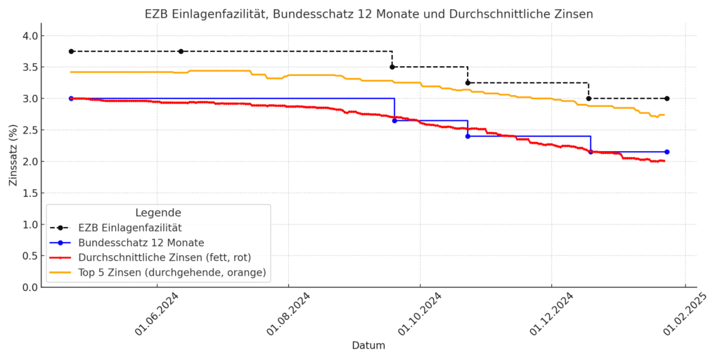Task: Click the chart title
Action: pos(368,14)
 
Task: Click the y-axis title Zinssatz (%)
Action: pos(13,155)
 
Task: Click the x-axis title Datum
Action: pos(368,345)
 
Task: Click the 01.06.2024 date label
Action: pos(156,314)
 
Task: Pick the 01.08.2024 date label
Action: pos(288,314)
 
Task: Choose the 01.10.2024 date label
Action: pos(420,314)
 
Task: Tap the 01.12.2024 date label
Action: pos(551,314)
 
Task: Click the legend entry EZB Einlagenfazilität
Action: pos(130,227)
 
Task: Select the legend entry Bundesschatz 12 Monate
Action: pos(141,243)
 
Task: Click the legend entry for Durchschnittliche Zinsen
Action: pos(165,257)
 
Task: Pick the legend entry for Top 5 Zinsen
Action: pos(172,273)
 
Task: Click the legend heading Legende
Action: pos(158,212)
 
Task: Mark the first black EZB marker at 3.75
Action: pos(71,51)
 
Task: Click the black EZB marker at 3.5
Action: pos(392,67)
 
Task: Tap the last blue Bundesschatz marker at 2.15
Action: pos(667,152)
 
